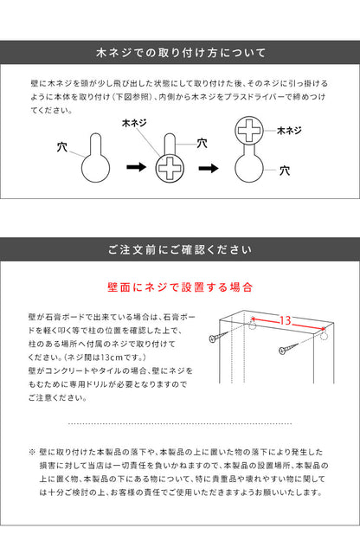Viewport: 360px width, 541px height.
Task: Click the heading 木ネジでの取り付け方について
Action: [181, 53]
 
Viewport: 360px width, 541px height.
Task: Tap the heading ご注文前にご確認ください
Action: [180, 249]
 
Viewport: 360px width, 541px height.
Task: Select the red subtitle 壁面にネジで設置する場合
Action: [180, 287]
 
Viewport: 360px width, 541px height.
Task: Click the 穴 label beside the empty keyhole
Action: [62, 147]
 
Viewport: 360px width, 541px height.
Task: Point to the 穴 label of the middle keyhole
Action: [202, 143]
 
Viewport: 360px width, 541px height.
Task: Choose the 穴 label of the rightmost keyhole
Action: [285, 171]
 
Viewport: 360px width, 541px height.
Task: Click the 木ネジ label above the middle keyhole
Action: [134, 123]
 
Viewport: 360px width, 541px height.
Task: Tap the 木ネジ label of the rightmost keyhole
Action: [289, 131]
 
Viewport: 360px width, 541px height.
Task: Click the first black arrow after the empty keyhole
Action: [137, 167]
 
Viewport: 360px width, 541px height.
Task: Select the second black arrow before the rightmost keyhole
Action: [209, 169]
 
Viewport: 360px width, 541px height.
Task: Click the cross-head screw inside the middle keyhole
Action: [170, 169]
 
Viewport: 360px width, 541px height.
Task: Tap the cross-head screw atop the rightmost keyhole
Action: [249, 131]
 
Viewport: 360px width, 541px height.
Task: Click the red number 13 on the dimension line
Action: [286, 320]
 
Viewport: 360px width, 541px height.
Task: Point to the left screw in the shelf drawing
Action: [219, 337]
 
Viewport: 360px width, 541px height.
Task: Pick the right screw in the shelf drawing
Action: [288, 348]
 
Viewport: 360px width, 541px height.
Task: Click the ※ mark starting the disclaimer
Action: [32, 452]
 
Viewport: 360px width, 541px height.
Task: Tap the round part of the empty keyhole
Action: [95, 169]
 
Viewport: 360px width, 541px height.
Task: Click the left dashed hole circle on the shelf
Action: [253, 325]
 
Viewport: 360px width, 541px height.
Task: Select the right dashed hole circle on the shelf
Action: [323, 335]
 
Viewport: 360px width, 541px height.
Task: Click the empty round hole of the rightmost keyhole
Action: [249, 169]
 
